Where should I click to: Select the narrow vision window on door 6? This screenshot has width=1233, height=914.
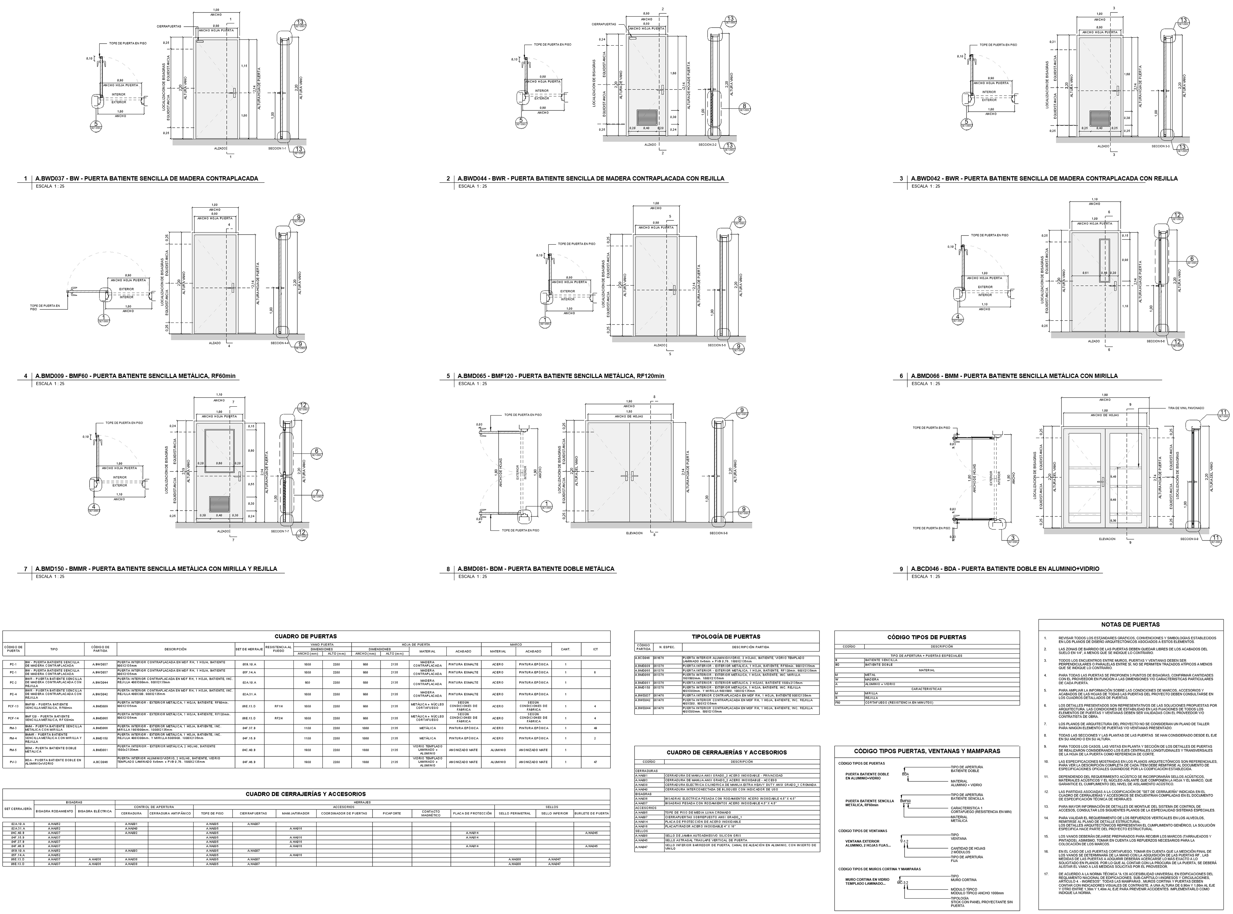pos(1104,261)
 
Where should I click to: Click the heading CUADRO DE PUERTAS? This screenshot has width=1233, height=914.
pos(305,636)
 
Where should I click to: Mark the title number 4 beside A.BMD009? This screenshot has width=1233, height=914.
pos(25,376)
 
